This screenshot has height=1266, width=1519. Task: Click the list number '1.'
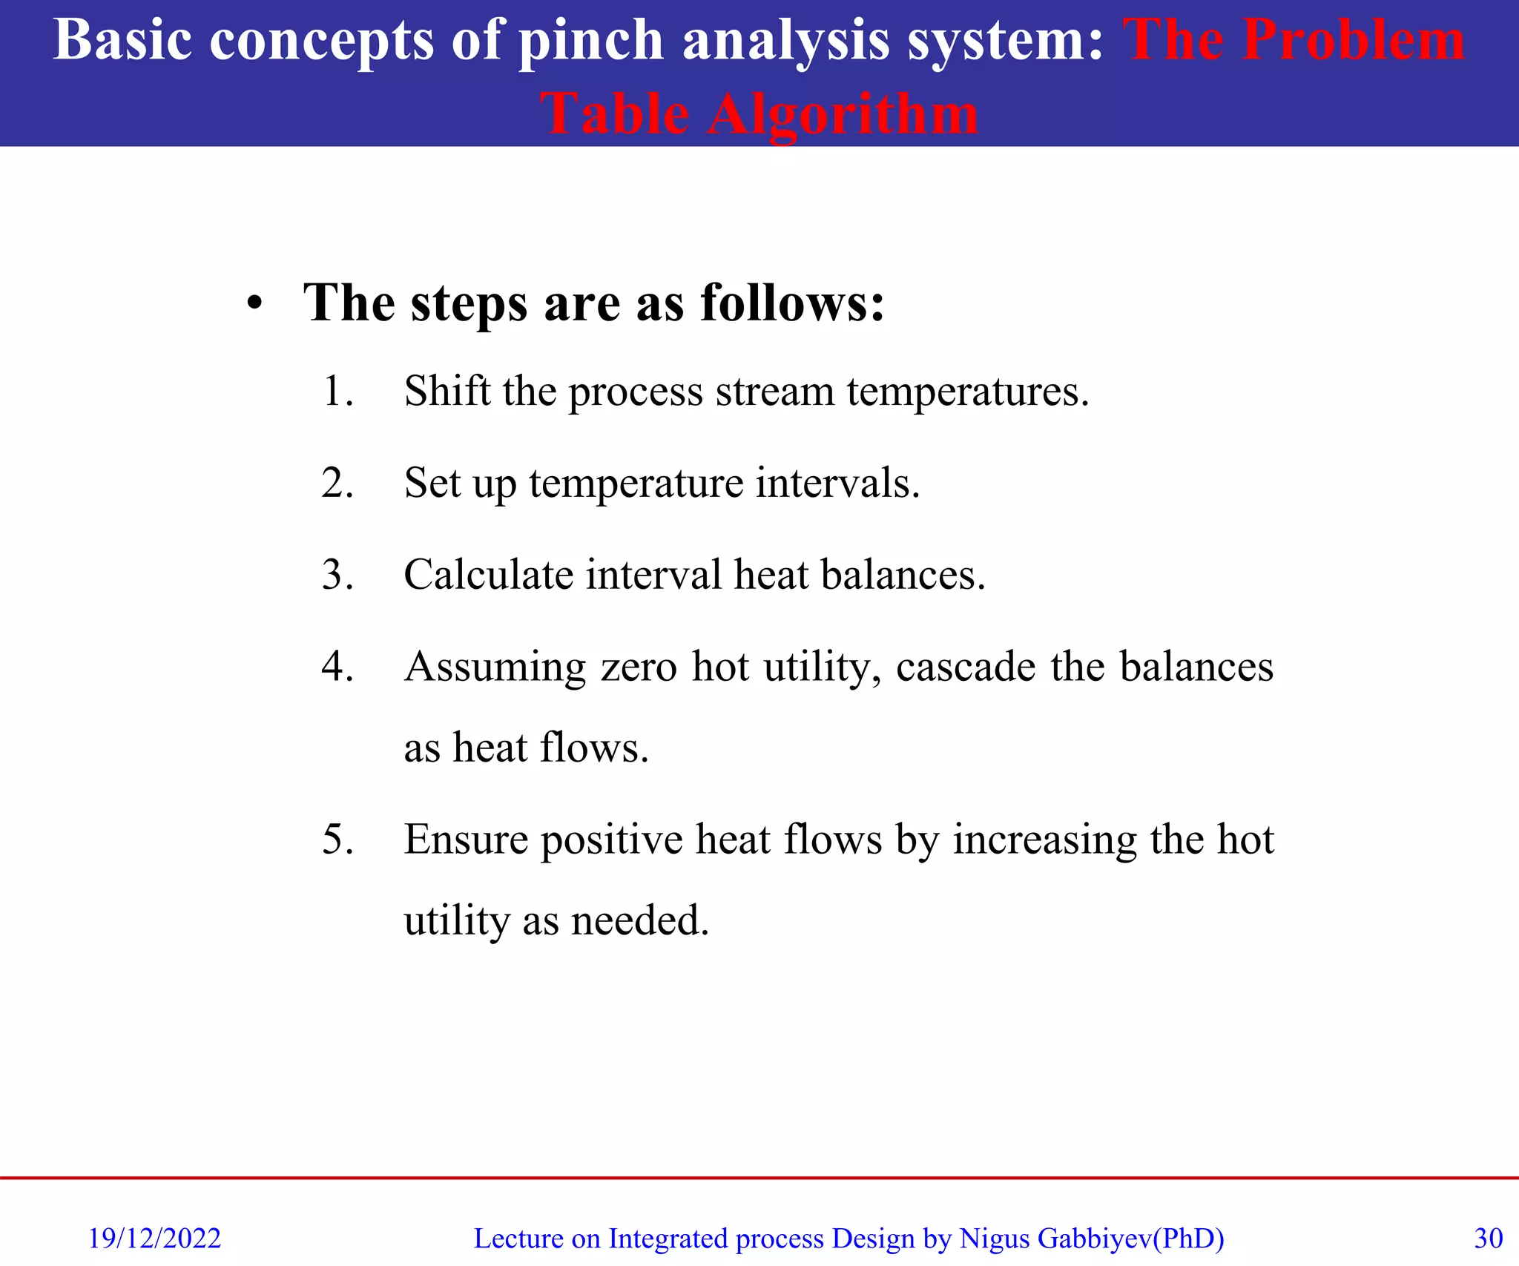pyautogui.click(x=337, y=391)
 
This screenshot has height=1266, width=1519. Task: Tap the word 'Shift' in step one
pyautogui.click(x=447, y=391)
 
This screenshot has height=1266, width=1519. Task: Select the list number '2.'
pyautogui.click(x=337, y=483)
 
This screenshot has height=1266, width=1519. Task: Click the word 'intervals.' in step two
pyautogui.click(x=837, y=483)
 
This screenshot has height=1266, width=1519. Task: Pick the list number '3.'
pyautogui.click(x=337, y=575)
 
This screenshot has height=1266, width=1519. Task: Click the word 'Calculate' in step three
pyautogui.click(x=490, y=575)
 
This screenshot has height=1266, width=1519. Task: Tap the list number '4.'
pyautogui.click(x=337, y=666)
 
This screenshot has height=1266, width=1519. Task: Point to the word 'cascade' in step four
pyautogui.click(x=965, y=666)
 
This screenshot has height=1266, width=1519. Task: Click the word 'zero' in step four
pyautogui.click(x=639, y=666)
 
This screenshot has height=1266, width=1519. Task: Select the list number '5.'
pyautogui.click(x=337, y=840)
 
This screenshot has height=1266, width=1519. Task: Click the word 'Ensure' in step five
pyautogui.click(x=465, y=840)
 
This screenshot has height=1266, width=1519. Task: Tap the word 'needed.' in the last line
pyautogui.click(x=639, y=920)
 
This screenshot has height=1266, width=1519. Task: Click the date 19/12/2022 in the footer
pyautogui.click(x=154, y=1239)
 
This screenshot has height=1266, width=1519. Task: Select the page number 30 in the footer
pyautogui.click(x=1488, y=1239)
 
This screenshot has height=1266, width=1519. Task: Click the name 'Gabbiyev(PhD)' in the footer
pyautogui.click(x=1130, y=1239)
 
